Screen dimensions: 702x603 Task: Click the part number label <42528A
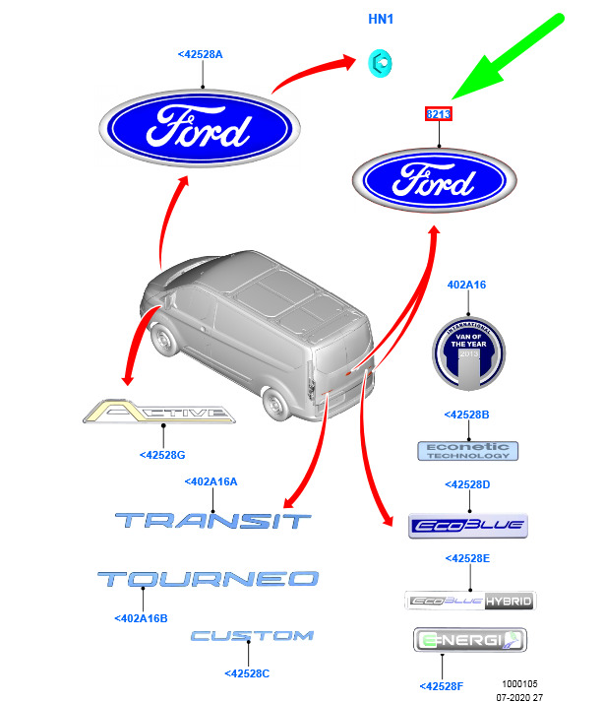pos(200,55)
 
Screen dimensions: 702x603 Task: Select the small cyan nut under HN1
pos(377,62)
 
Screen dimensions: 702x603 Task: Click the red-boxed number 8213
pos(439,115)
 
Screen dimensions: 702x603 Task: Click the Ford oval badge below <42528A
pos(200,131)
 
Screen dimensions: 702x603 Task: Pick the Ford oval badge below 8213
pos(434,180)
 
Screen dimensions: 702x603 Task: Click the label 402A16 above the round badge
pos(467,285)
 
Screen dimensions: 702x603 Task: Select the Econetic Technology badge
pos(468,451)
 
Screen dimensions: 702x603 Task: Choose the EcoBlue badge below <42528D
pos(468,525)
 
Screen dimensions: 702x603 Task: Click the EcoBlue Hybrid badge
pos(470,601)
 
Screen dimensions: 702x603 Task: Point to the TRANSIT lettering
pos(212,520)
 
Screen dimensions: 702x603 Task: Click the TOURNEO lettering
pos(208,579)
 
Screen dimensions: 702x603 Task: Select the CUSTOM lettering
pos(252,636)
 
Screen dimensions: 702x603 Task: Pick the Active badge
pos(159,413)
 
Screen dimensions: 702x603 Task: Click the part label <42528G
pos(162,455)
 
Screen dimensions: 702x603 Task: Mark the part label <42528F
pos(442,685)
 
